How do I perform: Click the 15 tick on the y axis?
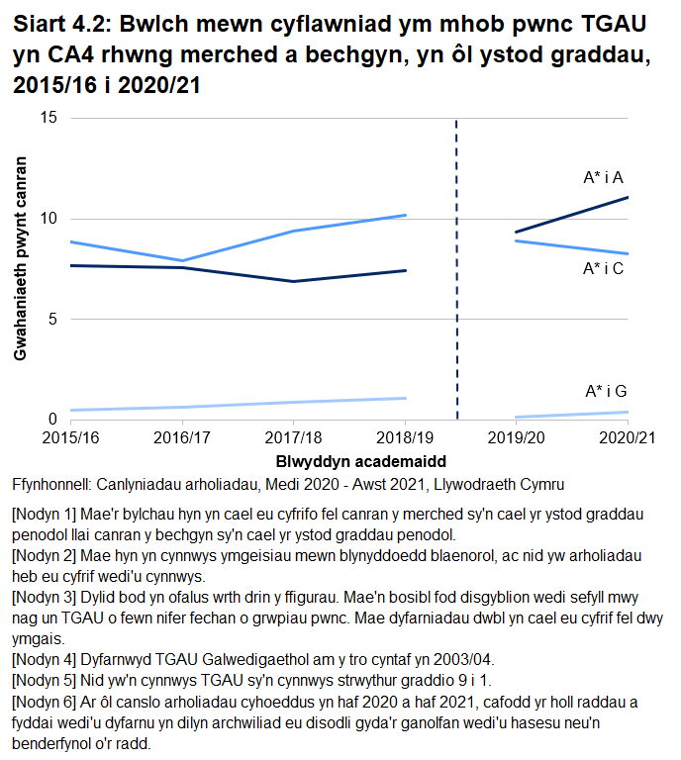point(49,118)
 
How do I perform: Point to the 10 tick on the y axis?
point(49,219)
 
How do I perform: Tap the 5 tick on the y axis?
point(52,320)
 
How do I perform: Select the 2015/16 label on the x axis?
point(70,436)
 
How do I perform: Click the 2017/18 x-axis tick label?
point(294,436)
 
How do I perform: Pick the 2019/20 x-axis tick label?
point(516,436)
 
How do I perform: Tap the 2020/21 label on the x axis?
point(628,436)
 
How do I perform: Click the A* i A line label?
point(603,178)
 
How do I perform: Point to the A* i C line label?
point(603,268)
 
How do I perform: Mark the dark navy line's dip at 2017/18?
point(294,281)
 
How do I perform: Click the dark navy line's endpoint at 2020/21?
point(628,197)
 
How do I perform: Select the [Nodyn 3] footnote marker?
point(43,601)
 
